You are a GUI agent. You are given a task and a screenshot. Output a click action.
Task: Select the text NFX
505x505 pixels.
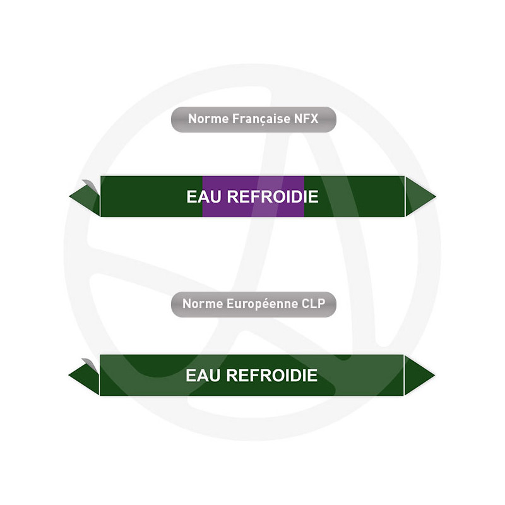[x=306, y=119]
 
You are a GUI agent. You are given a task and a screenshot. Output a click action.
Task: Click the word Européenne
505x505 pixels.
[x=262, y=304]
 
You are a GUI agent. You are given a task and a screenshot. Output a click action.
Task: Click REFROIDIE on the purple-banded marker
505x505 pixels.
[x=273, y=196]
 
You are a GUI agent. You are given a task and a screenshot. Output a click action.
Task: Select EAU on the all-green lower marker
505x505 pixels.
[x=203, y=375]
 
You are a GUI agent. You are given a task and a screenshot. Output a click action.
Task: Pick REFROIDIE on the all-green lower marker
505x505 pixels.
[x=272, y=375]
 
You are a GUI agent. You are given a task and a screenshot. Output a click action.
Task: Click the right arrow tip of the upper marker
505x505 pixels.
[x=436, y=196]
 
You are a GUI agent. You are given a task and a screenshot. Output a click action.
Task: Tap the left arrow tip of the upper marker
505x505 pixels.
[x=69, y=196]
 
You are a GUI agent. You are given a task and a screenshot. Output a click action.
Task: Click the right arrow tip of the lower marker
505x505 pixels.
[x=435, y=375]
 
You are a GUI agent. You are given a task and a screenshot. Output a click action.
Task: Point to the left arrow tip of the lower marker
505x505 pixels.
[x=69, y=375]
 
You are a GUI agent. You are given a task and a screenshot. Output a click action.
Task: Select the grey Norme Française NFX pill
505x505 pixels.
[x=254, y=119]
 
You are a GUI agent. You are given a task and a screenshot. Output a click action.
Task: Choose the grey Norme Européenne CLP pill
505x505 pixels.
[x=254, y=304]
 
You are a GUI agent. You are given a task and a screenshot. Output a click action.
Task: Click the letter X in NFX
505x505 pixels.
[x=314, y=119]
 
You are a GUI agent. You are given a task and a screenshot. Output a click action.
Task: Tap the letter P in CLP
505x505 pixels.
[x=321, y=304]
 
